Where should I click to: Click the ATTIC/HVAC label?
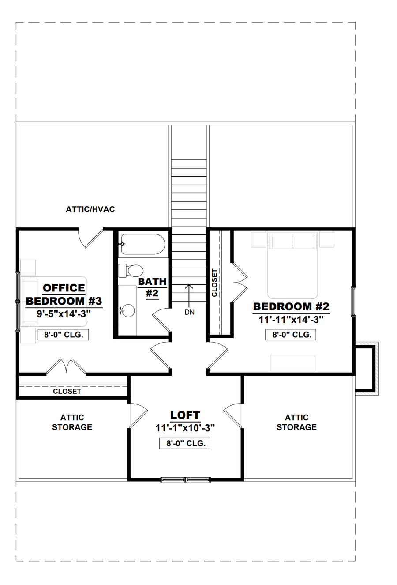[x=90, y=209]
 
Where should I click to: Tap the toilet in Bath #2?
[x=131, y=271]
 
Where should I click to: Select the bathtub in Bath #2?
[x=143, y=245]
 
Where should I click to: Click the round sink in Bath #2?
[x=128, y=311]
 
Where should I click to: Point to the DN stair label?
[x=189, y=312]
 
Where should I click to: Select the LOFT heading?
[x=185, y=415]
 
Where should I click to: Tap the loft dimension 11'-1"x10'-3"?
[x=185, y=429]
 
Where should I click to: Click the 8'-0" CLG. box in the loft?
[x=185, y=443]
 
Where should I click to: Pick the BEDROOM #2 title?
[x=291, y=306]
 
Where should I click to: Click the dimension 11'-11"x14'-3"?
[x=291, y=320]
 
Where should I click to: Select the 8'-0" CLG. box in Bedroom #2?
[x=291, y=335]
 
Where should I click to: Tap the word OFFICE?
[x=64, y=288]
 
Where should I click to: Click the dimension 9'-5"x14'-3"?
[x=64, y=313]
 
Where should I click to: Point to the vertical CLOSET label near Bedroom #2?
[x=214, y=283]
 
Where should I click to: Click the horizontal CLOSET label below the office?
[x=67, y=391]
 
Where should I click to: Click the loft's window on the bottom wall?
[x=185, y=479]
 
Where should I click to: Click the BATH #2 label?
[x=152, y=287]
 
